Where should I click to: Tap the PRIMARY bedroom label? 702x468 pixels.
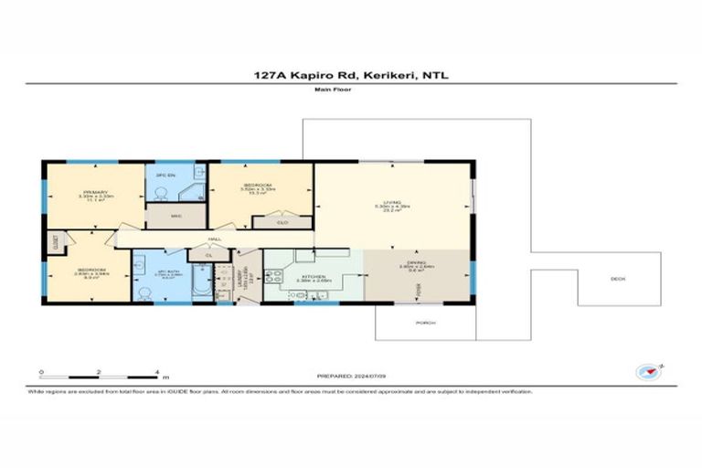coord(95,192)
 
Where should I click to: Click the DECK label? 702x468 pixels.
coord(619,280)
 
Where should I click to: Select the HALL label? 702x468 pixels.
coord(214,239)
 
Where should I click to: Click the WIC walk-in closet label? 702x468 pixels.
coord(176,216)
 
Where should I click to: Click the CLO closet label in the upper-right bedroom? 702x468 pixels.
coord(283,221)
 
